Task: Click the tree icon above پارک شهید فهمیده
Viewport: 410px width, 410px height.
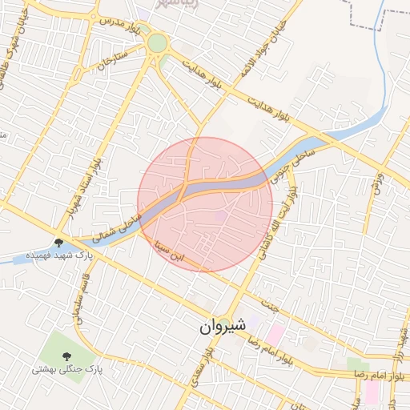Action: click(x=58, y=242)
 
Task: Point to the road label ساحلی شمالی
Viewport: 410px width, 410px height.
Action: click(x=117, y=228)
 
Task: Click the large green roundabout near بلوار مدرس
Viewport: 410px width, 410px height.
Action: click(x=158, y=42)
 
